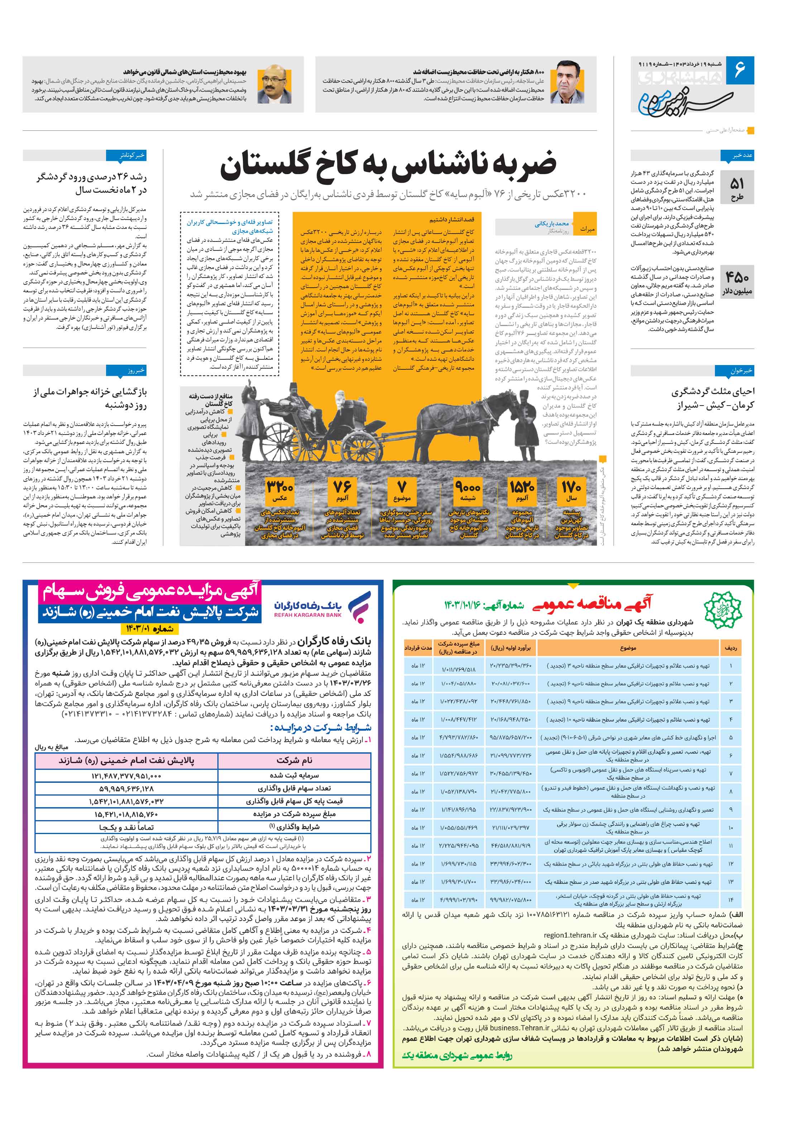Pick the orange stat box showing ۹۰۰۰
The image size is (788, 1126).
coord(468,491)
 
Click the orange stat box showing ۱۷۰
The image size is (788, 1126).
coord(571,491)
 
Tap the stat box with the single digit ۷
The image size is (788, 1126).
coord(402,491)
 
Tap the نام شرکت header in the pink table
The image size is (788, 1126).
coord(294,760)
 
